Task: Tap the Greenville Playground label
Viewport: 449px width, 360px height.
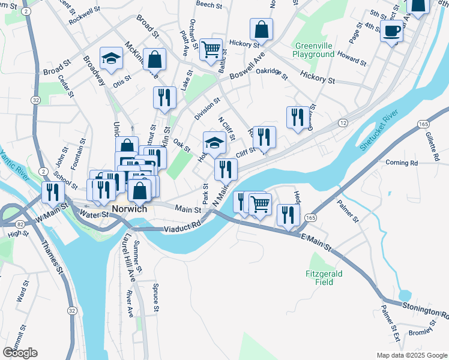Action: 313,50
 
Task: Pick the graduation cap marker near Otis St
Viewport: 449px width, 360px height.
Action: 111,58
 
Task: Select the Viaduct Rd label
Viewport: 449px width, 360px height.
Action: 182,228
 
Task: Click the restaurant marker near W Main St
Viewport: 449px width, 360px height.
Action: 53,192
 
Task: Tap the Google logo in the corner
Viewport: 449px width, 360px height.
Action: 20,353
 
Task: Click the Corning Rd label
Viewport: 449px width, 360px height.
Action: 401,163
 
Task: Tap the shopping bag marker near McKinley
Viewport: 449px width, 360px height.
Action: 154,60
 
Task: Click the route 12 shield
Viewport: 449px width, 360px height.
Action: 342,122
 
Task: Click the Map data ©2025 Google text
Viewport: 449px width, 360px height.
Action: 411,355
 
